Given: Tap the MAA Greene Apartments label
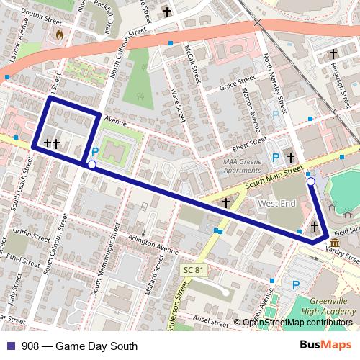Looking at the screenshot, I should (242, 166).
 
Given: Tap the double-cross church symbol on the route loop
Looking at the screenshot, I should (51, 144).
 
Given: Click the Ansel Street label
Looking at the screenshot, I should (210, 318).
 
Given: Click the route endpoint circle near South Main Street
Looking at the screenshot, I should (311, 183).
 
